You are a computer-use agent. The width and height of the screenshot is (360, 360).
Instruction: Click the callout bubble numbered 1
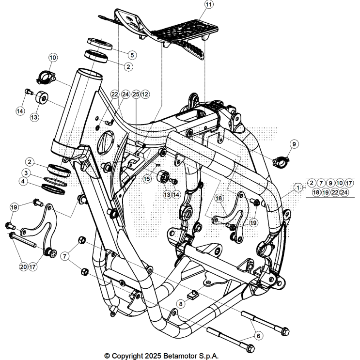[x=299, y=186]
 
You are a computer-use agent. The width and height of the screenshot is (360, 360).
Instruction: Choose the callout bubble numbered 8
[x=181, y=304]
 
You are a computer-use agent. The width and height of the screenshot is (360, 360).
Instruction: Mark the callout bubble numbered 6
[x=259, y=335]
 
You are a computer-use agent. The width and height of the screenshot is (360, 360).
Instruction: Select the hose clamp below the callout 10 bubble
[x=47, y=76]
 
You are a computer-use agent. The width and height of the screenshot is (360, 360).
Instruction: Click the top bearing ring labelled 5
[x=99, y=43]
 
